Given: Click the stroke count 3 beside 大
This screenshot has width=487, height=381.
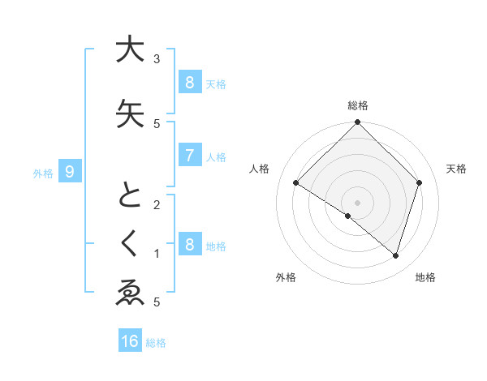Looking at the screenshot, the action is tap(157, 59).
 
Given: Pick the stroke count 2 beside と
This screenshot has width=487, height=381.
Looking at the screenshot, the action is tap(157, 204).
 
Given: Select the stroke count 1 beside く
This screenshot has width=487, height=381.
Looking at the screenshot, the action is tap(157, 254).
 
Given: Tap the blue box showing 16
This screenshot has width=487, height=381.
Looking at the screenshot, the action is tap(130, 341).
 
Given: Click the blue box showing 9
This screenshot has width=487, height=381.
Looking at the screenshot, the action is tap(71, 171).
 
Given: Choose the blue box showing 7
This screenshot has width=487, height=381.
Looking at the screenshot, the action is tap(189, 156).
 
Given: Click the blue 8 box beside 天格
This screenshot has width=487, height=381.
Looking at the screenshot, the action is tap(189, 82).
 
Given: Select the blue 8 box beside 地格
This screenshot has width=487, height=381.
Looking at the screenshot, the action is tap(189, 245).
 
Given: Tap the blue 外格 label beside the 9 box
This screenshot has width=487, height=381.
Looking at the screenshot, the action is tap(43, 173).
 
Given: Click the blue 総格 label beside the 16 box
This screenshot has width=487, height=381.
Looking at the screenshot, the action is tap(156, 343).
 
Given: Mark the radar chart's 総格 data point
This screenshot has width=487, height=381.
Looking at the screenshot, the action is tap(357, 123).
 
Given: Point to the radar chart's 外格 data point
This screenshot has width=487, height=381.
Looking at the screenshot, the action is tap(348, 216).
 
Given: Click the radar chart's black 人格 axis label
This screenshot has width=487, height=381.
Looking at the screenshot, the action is tap(260, 169).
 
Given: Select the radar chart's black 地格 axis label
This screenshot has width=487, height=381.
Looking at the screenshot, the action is tap(425, 277).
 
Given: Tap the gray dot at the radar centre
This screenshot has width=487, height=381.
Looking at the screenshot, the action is tap(357, 202).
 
